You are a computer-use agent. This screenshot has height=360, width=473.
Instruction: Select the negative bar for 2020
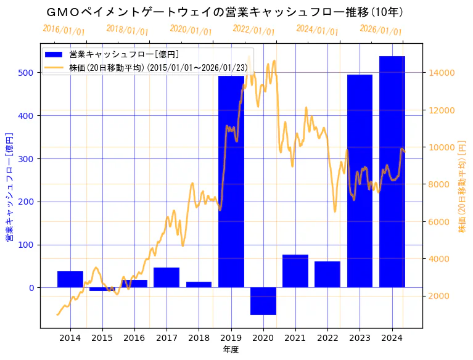[x=263, y=301]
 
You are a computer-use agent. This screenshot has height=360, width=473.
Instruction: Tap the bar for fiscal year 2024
[x=392, y=172]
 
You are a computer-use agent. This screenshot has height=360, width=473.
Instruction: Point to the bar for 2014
[x=70, y=279]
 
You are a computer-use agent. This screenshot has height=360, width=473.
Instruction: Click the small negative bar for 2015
[x=102, y=289]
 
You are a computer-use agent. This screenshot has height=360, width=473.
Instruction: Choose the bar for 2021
[x=295, y=271]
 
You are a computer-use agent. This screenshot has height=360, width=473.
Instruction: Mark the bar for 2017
[x=167, y=277]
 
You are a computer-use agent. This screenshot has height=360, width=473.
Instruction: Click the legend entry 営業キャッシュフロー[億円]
[x=123, y=55]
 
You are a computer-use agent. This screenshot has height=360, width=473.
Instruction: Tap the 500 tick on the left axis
[x=29, y=73]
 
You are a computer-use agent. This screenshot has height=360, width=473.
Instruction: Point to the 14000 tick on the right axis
[x=442, y=73]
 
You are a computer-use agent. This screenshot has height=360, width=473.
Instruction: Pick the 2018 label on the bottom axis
[x=199, y=338]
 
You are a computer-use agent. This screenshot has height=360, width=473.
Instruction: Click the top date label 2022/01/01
[x=253, y=30]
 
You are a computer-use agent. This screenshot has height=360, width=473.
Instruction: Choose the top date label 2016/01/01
[x=64, y=30]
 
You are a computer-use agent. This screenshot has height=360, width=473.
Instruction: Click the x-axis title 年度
[x=231, y=350]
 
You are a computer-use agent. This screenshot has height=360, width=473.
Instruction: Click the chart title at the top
[x=226, y=12]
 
